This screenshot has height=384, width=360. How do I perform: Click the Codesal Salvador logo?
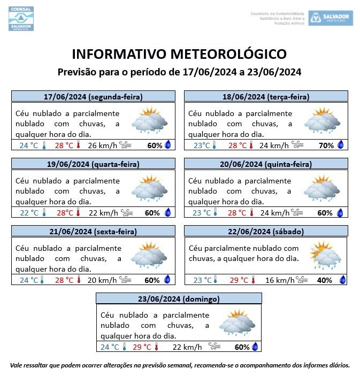click(21, 18)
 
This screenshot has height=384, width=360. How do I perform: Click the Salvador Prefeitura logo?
click(330, 18)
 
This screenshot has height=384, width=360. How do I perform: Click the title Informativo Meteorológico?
click(179, 54)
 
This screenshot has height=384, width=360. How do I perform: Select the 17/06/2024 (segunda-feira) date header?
click(94, 97)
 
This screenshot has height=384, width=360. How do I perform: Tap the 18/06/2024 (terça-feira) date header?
click(266, 97)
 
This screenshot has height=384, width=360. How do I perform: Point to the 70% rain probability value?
click(326, 145)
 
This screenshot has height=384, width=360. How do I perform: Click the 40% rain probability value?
click(325, 280)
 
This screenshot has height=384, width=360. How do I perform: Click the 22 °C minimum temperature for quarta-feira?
click(29, 212)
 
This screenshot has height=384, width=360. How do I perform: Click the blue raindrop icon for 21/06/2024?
click(167, 280)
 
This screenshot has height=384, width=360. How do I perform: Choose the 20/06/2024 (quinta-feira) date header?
click(266, 164)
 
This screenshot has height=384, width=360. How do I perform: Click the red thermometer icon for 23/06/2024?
click(157, 347)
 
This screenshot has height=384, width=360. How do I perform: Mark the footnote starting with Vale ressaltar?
click(180, 365)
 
